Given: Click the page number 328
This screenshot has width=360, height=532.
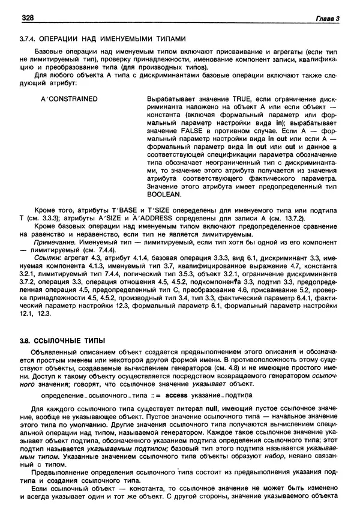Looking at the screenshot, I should [28, 19].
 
